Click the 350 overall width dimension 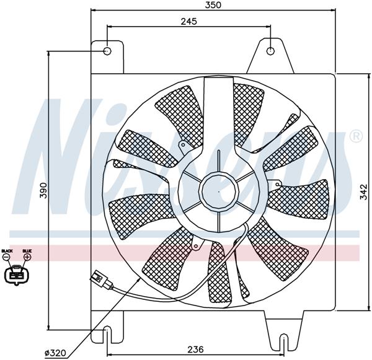pos(213,5)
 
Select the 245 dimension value pos(189,21)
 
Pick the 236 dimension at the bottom pos(195,349)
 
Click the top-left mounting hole pos(107,51)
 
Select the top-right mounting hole pos(271,51)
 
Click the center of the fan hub pos(219,191)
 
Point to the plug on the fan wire pos(101,278)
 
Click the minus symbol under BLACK pos(7,257)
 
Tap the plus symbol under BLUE pos(27,257)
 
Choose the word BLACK pos(7,251)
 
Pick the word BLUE pos(27,251)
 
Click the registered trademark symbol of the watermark pos(355,136)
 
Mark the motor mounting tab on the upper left pos(182,146)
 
